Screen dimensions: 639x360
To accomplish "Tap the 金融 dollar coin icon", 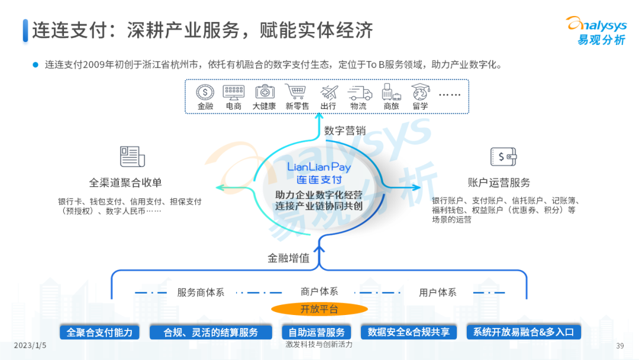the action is coord(205,92).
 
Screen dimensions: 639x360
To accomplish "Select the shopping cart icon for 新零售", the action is coord(296,92).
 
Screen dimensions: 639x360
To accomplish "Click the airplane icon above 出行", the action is coord(328,92).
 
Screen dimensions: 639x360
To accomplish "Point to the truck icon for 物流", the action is coord(360,93).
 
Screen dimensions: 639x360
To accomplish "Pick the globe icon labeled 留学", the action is coord(421,92).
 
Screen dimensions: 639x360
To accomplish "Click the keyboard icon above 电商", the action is coord(234,92).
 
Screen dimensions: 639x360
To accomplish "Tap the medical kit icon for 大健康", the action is coord(264,92).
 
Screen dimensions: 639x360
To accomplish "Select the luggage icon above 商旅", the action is coord(390,92).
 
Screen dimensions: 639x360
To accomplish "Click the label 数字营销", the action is coord(346,131).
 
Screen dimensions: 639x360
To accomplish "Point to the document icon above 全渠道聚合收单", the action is coord(133,157).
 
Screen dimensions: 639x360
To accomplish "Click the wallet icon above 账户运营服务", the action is coord(504,157).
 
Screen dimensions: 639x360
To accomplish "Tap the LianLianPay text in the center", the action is coord(319,167).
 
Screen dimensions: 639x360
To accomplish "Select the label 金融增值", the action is coord(289,259).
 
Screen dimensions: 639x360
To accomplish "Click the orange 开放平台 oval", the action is coord(319,309).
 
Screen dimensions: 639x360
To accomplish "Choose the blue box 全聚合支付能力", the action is coord(99,332).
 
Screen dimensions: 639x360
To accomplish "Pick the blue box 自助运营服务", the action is coord(312,332).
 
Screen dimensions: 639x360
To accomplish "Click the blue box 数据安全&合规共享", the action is coord(408,332).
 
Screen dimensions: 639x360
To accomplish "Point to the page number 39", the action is coord(620,346).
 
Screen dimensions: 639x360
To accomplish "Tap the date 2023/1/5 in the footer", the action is coord(30,345).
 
